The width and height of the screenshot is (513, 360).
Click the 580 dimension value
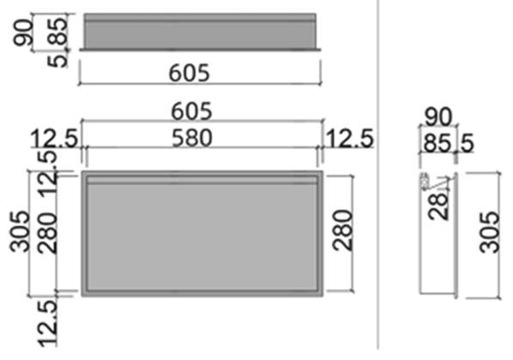pyautogui.click(x=192, y=138)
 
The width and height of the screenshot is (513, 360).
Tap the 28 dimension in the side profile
pyautogui.click(x=439, y=206)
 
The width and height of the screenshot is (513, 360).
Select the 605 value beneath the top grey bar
pyautogui.click(x=189, y=73)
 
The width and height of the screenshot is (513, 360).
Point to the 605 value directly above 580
pyautogui.click(x=191, y=111)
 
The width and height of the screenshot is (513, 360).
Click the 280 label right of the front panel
pyautogui.click(x=343, y=231)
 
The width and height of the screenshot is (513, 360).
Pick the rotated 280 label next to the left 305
pyautogui.click(x=46, y=233)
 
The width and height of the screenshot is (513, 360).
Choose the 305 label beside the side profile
pyautogui.click(x=490, y=232)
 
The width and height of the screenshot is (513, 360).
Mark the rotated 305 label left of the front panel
pyautogui.click(x=20, y=231)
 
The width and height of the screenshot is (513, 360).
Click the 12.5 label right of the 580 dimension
pyautogui.click(x=349, y=138)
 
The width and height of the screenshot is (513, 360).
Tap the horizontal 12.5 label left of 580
pyautogui.click(x=54, y=138)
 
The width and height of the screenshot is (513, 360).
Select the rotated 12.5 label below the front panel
pyautogui.click(x=47, y=323)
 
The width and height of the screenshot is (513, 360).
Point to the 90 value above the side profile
pyautogui.click(x=439, y=117)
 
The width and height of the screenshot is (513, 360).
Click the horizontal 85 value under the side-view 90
pyautogui.click(x=437, y=143)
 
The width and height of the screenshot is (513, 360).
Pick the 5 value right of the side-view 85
pyautogui.click(x=468, y=143)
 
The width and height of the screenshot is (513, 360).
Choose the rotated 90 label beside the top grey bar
pyautogui.click(x=23, y=32)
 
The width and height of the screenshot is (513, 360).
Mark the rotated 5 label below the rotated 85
pyautogui.click(x=57, y=61)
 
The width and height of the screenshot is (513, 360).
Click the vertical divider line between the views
pyautogui.click(x=378, y=175)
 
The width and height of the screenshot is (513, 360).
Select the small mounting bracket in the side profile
pyautogui.click(x=425, y=182)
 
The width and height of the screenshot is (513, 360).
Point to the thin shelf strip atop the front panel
pyautogui.click(x=202, y=180)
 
